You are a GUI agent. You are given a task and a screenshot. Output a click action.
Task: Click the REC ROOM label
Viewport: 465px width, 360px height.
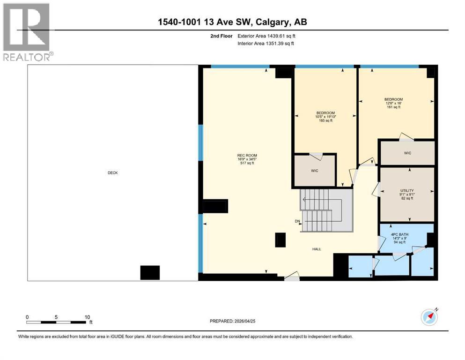click(x=247, y=156)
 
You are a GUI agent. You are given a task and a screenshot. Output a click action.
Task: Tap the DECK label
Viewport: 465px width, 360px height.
click(x=112, y=173)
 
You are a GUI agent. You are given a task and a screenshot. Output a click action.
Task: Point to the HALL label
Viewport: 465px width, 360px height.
click(x=317, y=249)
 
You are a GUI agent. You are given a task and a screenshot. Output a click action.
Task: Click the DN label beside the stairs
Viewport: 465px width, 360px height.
click(x=297, y=221)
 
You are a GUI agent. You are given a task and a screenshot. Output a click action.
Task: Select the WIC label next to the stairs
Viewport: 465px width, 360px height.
click(x=314, y=171)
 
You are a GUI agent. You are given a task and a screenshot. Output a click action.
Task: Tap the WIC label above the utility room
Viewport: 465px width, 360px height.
click(x=407, y=153)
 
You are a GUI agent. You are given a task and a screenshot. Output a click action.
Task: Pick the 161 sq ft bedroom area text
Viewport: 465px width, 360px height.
click(x=393, y=107)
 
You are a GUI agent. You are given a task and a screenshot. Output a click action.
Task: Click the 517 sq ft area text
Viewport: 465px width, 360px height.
click(x=247, y=164)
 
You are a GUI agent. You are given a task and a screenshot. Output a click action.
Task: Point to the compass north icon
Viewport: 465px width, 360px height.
click(x=429, y=317)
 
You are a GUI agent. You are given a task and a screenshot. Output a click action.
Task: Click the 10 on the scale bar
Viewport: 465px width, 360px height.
click(x=87, y=317)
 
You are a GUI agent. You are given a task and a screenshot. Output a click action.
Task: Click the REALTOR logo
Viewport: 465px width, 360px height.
click(x=26, y=32)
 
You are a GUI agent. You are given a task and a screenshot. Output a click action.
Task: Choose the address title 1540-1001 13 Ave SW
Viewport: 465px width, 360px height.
click(x=232, y=22)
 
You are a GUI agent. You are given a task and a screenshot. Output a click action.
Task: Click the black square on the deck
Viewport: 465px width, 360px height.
click(x=150, y=272)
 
